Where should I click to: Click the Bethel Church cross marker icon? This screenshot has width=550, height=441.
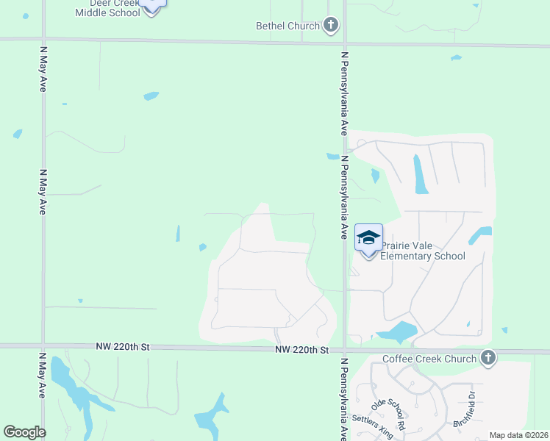coord(331,26)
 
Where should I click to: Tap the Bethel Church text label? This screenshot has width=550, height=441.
coord(287,26)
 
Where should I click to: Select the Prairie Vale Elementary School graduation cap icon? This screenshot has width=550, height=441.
coord(368,237)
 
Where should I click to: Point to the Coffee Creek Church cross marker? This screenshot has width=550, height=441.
coord(487,359)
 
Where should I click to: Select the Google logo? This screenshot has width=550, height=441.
coord(24,431)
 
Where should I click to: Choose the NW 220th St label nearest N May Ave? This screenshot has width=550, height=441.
coord(122,346)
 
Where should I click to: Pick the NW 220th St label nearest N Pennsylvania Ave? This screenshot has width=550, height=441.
coord(301,351)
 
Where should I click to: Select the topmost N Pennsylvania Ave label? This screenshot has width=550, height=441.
coord(343,93)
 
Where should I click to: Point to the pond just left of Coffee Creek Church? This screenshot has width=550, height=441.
coord(396,332)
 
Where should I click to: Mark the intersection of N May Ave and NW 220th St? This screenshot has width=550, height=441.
coord(43,345)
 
